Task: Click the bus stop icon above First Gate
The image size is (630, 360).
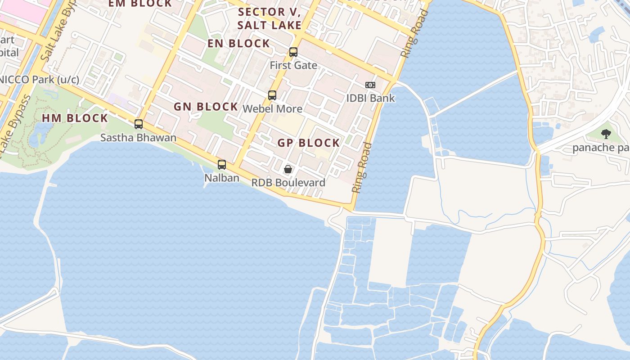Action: pyautogui.click(x=293, y=52)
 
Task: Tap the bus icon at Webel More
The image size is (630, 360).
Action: pyautogui.click(x=272, y=95)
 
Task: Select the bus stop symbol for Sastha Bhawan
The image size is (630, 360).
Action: pyautogui.click(x=139, y=124)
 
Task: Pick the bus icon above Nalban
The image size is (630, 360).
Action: pyautogui.click(x=222, y=165)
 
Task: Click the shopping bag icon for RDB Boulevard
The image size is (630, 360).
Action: pyautogui.click(x=288, y=169)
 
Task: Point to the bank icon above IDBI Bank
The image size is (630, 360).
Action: pyautogui.click(x=370, y=85)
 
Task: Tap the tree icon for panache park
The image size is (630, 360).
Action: pyautogui.click(x=606, y=134)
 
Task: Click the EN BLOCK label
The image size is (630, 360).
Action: pyautogui.click(x=238, y=44)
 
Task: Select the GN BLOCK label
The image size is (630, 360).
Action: pyautogui.click(x=206, y=107)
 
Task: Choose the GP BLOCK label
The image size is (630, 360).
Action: pyautogui.click(x=309, y=143)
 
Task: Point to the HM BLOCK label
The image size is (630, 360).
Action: pyautogui.click(x=75, y=118)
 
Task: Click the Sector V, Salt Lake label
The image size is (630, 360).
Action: pyautogui.click(x=269, y=18)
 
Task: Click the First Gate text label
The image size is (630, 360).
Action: pyautogui.click(x=293, y=65)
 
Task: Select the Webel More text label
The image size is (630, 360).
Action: pyautogui.click(x=272, y=109)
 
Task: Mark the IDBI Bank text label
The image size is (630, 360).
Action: pyautogui.click(x=370, y=98)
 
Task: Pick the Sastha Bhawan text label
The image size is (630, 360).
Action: pyautogui.click(x=138, y=138)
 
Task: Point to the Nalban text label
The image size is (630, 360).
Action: pyautogui.click(x=222, y=178)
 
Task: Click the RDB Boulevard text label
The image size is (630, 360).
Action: pyautogui.click(x=288, y=183)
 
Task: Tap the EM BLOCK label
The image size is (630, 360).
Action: pyautogui.click(x=140, y=4)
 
